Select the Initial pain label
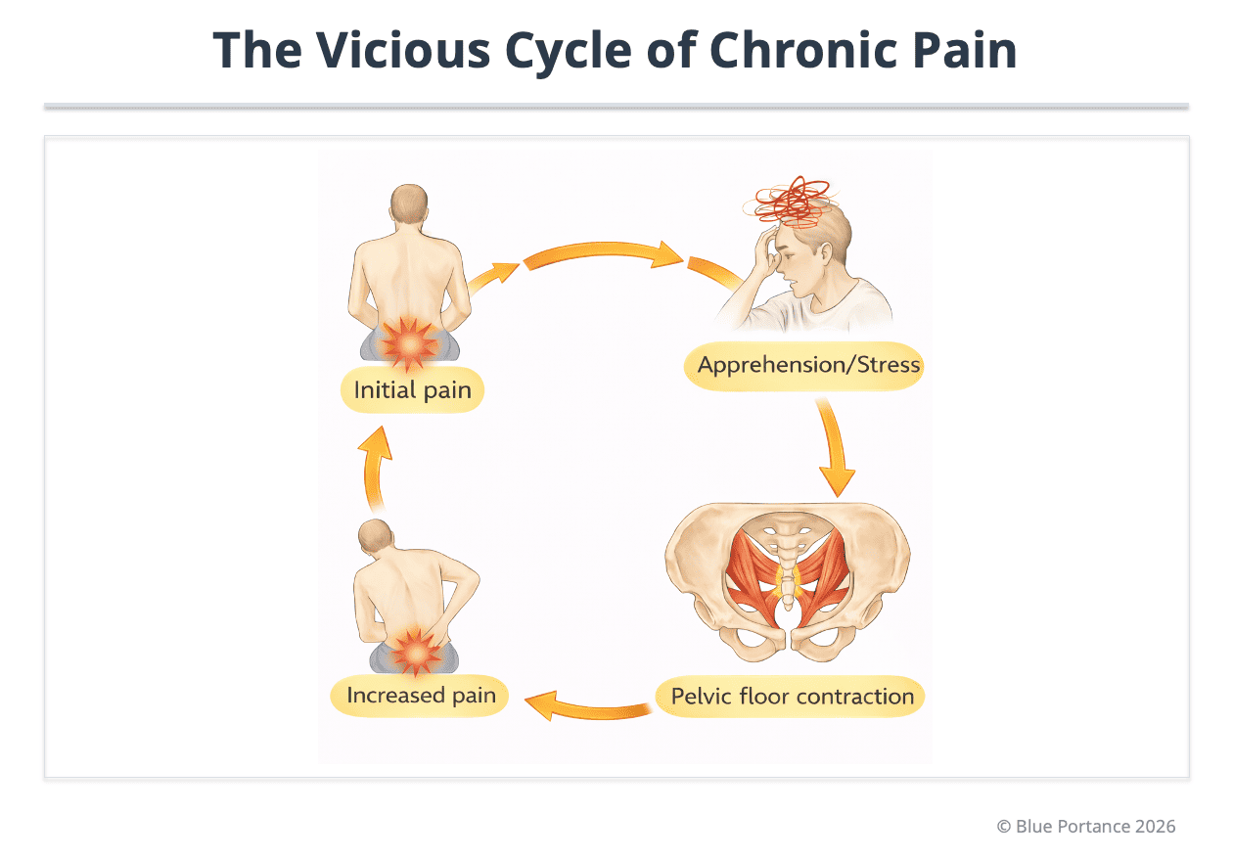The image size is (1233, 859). coord(412,390)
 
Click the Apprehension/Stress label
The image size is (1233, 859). coord(808,366)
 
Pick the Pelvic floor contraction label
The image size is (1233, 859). coord(792,697)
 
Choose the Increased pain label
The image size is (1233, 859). coord(421,697)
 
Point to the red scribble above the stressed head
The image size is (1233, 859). coord(792,202)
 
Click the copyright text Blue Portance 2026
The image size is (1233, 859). coord(1086,826)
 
